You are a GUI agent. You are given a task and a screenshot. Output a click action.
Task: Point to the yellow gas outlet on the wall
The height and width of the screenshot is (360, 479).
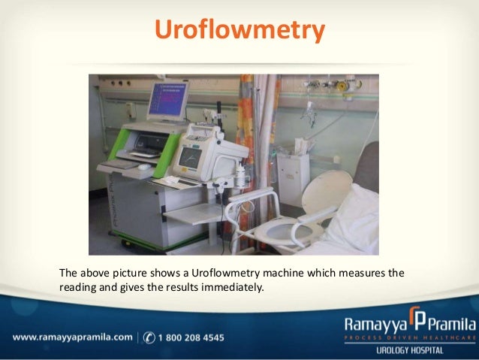345,86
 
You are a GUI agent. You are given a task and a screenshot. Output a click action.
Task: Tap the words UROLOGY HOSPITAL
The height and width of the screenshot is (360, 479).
409,351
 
